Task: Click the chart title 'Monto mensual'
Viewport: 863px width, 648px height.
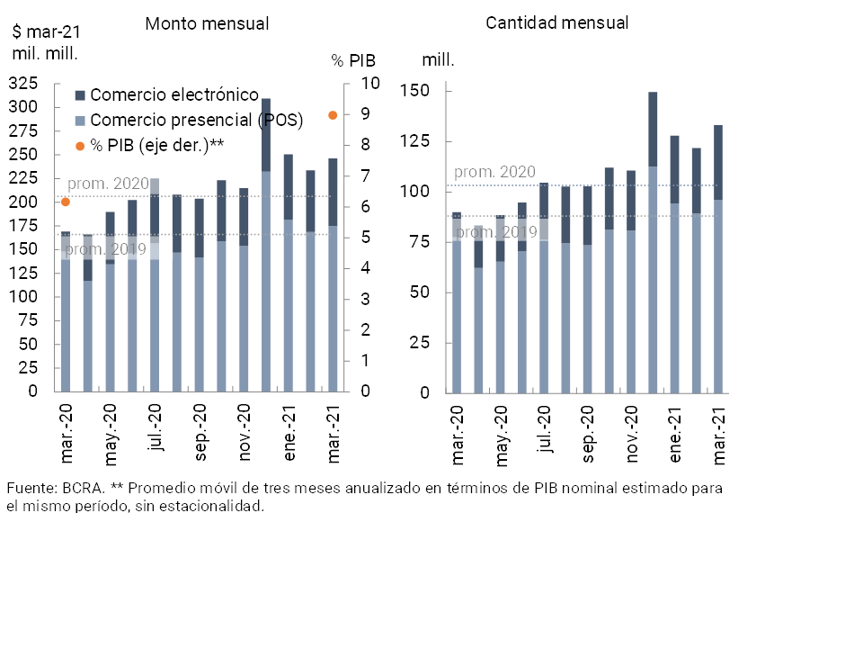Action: click(x=208, y=24)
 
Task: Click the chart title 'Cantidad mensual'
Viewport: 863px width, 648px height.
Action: click(x=556, y=23)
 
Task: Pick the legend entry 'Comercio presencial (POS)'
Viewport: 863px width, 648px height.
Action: click(x=196, y=120)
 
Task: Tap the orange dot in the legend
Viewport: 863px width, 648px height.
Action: click(x=80, y=146)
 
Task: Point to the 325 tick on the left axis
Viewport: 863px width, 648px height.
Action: click(x=22, y=84)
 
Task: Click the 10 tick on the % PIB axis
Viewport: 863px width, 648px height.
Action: click(x=370, y=84)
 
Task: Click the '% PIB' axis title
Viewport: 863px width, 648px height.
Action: click(x=353, y=61)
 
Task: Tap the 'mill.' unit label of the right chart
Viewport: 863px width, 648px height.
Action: click(x=438, y=61)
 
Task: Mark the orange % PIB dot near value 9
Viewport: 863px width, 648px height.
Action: click(x=333, y=115)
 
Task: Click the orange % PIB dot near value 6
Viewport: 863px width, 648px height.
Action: click(x=65, y=202)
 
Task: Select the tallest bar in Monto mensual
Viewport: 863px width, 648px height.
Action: click(x=266, y=245)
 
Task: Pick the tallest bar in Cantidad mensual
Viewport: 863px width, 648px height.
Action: click(x=653, y=243)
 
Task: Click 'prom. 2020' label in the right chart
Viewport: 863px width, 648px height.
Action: click(x=494, y=172)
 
